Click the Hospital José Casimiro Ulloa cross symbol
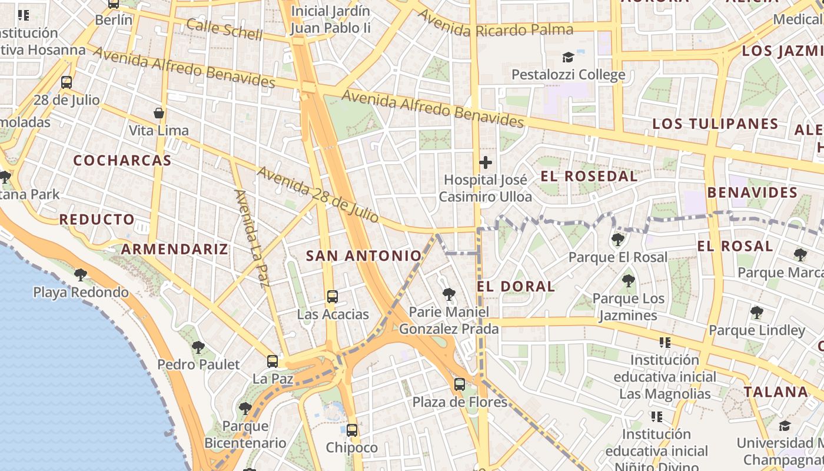coord(486,162)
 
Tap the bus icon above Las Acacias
coord(333,296)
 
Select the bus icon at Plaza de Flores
coord(460,384)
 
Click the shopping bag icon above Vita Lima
coord(158,112)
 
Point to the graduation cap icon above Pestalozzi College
coord(568,57)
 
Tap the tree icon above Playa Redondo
coord(81,274)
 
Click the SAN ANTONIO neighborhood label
coord(364,256)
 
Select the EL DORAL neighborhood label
coord(516,287)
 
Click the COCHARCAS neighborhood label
coord(122,160)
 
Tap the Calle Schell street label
coord(224,29)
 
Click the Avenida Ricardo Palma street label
coord(495,24)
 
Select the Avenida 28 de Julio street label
coord(318,195)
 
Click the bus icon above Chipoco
coord(352,430)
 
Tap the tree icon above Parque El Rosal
coord(618,239)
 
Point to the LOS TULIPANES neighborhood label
coord(715,124)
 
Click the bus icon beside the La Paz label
coord(273,361)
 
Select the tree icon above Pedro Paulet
coord(198,347)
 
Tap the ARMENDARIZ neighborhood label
coord(174,248)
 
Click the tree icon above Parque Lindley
coord(756,313)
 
